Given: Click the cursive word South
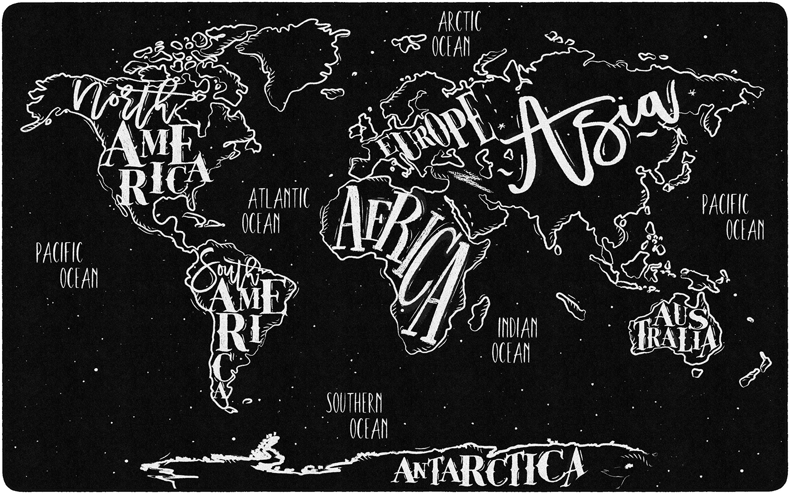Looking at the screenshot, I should pyautogui.click(x=225, y=274).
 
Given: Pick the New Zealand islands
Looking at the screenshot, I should pyautogui.click(x=754, y=372).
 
